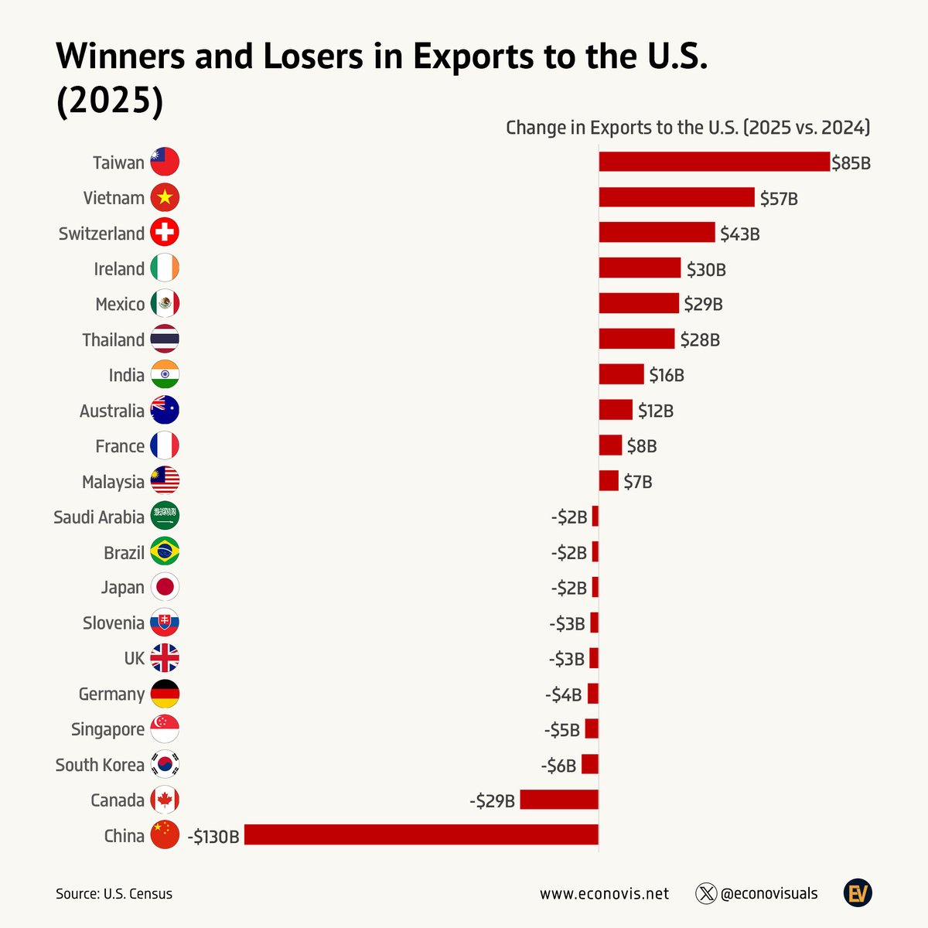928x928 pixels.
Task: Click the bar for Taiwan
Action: point(714,162)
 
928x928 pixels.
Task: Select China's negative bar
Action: point(421,834)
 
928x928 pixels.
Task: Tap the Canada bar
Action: point(559,800)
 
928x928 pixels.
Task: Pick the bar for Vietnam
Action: point(677,197)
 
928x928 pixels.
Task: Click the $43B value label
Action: point(739,234)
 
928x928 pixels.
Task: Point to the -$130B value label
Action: point(213,836)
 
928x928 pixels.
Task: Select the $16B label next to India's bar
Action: point(667,376)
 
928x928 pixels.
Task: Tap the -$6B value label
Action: point(558,766)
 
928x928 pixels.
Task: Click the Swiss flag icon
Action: point(165,233)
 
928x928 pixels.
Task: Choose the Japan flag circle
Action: point(165,587)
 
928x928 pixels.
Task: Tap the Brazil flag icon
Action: point(165,552)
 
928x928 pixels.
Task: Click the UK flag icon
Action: point(165,658)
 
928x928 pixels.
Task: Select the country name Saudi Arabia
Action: point(99,517)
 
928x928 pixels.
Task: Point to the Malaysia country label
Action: point(113,482)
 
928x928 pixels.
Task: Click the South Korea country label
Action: point(100,765)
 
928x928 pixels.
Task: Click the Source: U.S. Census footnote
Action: point(114,894)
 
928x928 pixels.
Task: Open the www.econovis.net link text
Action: point(604,894)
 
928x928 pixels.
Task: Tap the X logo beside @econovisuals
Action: point(706,894)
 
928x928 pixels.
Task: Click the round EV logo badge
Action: point(858,894)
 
